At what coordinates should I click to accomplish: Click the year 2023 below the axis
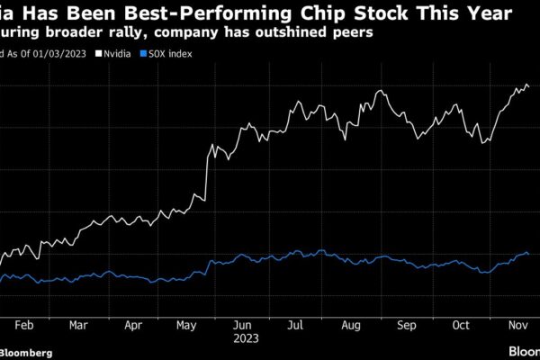point(245,338)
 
